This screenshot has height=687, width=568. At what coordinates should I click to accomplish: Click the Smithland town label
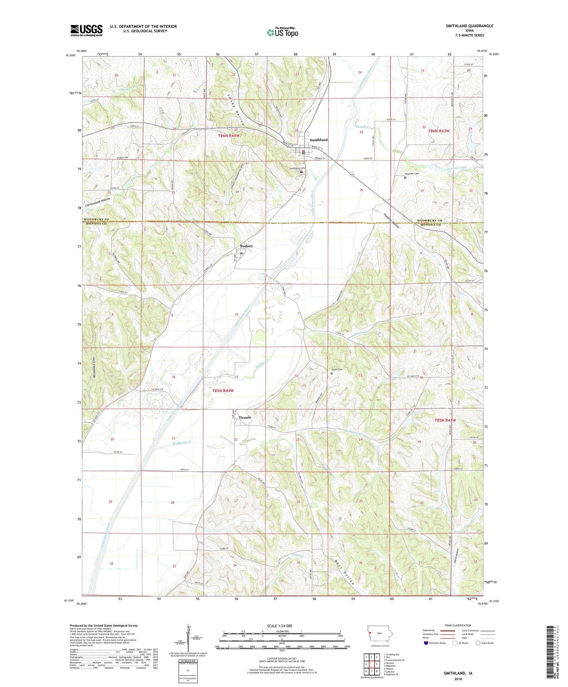pos(318,140)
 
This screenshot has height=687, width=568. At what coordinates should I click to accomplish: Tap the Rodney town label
pos(246,246)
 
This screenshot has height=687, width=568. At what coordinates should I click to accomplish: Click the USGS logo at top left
pos(86,30)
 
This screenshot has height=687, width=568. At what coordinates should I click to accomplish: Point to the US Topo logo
pos(282,32)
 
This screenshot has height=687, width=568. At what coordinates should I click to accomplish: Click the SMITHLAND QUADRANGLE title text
pos(469,26)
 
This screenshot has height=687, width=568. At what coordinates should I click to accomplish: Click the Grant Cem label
pos(337,369)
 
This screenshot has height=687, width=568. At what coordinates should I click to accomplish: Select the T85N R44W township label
pos(223,391)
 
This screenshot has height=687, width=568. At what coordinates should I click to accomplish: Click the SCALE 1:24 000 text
pos(279,626)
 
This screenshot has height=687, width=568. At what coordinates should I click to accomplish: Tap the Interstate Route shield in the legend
pos(426,643)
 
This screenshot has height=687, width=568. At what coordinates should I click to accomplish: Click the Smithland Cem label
pos(297,168)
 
